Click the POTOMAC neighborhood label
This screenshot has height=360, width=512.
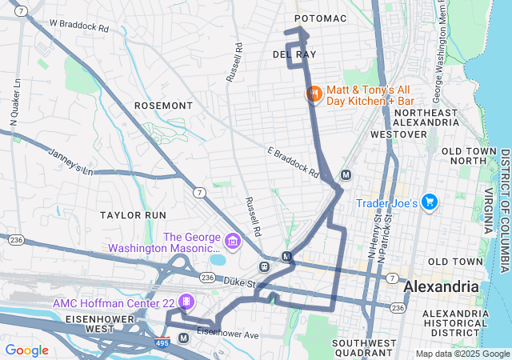tap(320, 18)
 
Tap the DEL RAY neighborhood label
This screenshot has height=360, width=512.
tap(294, 54)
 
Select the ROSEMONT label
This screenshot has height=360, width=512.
tap(163, 106)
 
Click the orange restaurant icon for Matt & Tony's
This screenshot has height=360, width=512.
tap(314, 94)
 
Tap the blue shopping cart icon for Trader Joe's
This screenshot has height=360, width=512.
tap(430, 203)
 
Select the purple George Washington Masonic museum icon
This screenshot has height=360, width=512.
tap(232, 240)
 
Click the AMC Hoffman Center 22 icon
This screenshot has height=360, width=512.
tap(186, 302)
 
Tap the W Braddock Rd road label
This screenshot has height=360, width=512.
tap(78, 26)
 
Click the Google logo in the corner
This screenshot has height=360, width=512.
tap(26, 350)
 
